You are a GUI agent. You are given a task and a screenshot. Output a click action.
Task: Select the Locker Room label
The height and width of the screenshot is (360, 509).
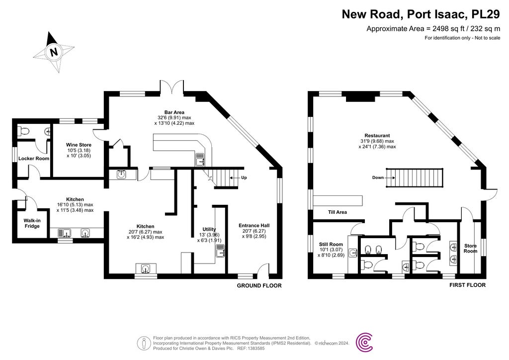tap(34, 159)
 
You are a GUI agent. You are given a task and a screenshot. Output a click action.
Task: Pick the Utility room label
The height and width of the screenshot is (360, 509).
tap(209, 229)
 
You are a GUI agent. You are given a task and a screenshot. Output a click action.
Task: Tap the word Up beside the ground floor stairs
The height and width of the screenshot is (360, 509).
tap(244, 178)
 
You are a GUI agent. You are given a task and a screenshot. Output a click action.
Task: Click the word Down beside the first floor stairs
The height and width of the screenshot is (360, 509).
tap(379, 177)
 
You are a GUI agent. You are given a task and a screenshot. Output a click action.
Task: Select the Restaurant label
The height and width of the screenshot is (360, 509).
tap(377, 135)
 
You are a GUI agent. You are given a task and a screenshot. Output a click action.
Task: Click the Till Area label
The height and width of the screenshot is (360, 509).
tap(337, 212)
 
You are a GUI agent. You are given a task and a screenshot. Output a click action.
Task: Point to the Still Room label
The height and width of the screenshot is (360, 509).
tap(331, 244)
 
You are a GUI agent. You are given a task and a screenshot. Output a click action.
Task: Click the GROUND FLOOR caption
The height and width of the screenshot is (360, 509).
tap(259, 286)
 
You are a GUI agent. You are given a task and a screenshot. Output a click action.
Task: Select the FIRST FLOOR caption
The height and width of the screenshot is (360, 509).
tap(467, 285)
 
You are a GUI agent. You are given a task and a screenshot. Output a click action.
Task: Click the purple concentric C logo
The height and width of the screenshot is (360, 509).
tap(366, 342)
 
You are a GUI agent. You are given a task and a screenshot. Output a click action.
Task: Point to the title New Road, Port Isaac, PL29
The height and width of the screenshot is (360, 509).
tap(421, 14)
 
